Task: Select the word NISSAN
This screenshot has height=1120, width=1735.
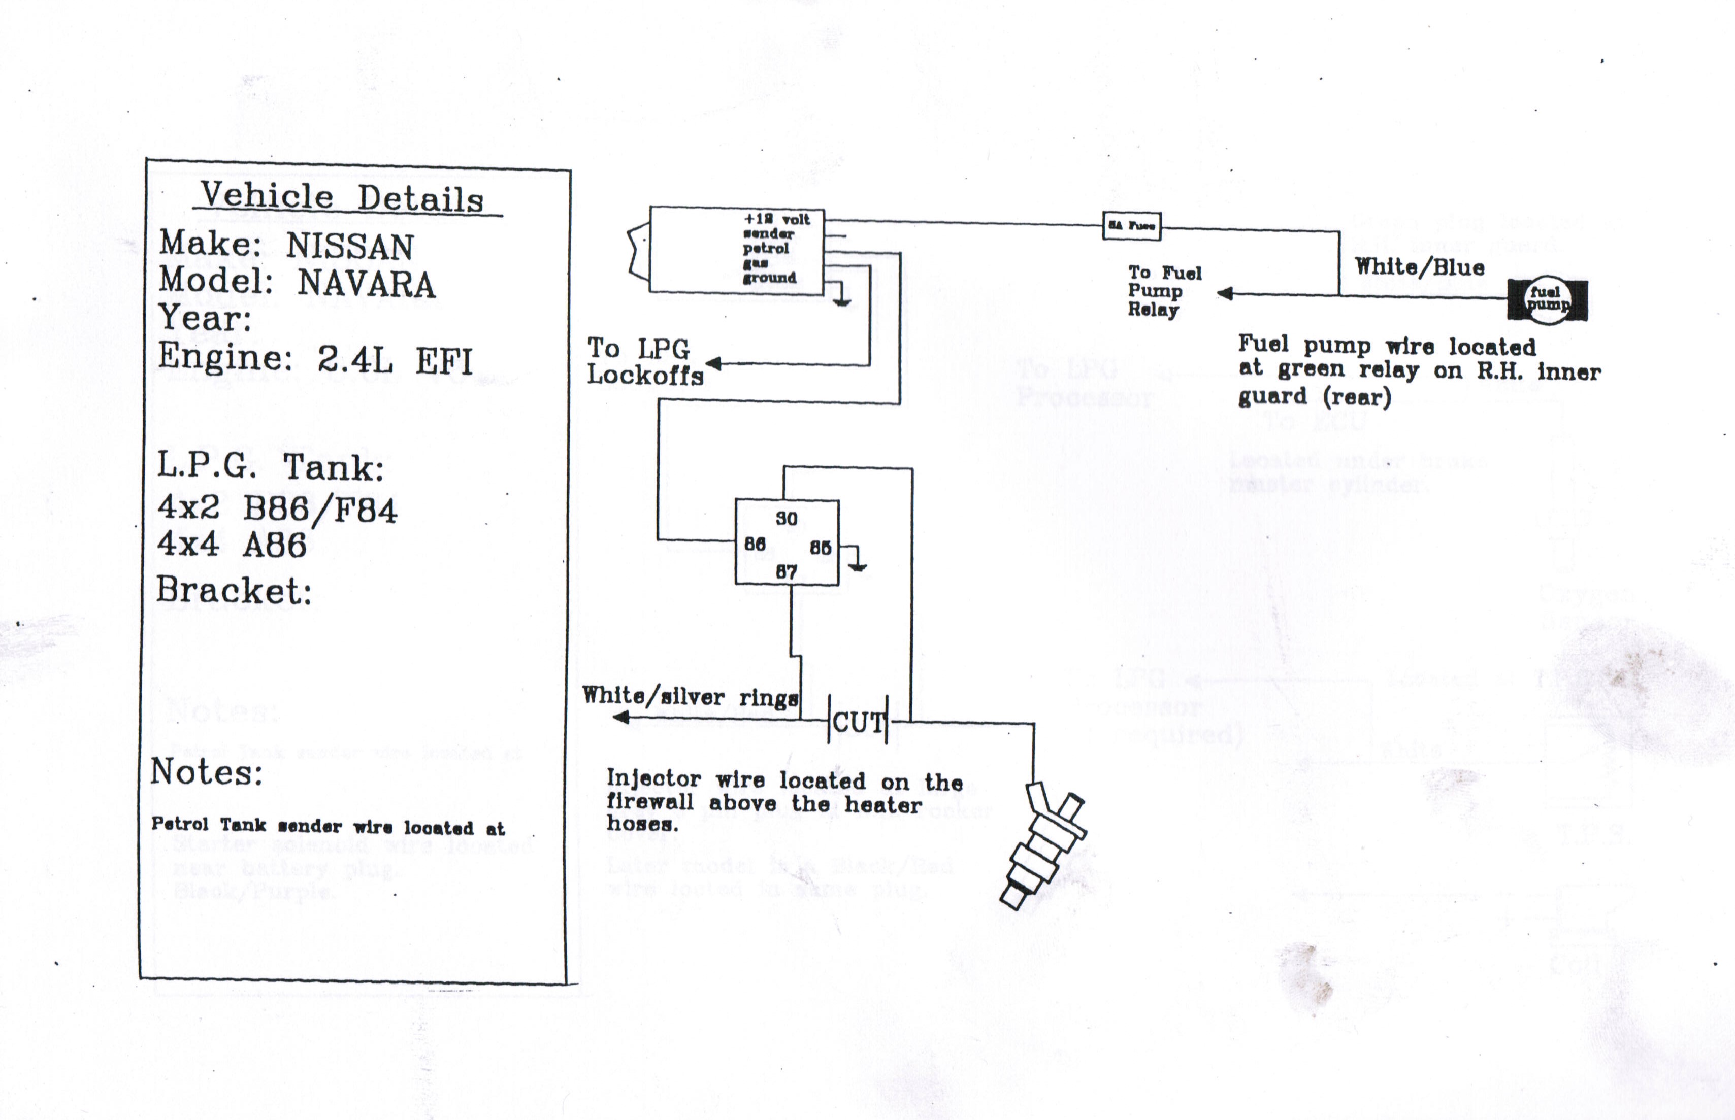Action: tap(350, 247)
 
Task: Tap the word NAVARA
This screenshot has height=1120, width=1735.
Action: tap(366, 284)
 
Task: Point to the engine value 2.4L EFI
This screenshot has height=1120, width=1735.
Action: tap(395, 360)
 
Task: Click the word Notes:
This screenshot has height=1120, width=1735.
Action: tap(207, 772)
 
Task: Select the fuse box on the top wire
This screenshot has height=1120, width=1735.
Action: tap(1131, 225)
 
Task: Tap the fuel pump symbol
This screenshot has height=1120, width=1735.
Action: tap(1547, 299)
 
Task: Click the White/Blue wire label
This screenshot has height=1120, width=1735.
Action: tap(1419, 267)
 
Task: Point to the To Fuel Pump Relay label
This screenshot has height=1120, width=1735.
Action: tap(1163, 291)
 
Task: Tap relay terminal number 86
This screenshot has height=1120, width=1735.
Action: tap(755, 544)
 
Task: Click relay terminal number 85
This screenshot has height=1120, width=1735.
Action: tap(820, 547)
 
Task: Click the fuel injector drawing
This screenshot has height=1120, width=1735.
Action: tap(1043, 843)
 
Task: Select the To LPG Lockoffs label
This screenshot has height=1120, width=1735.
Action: tap(644, 361)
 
